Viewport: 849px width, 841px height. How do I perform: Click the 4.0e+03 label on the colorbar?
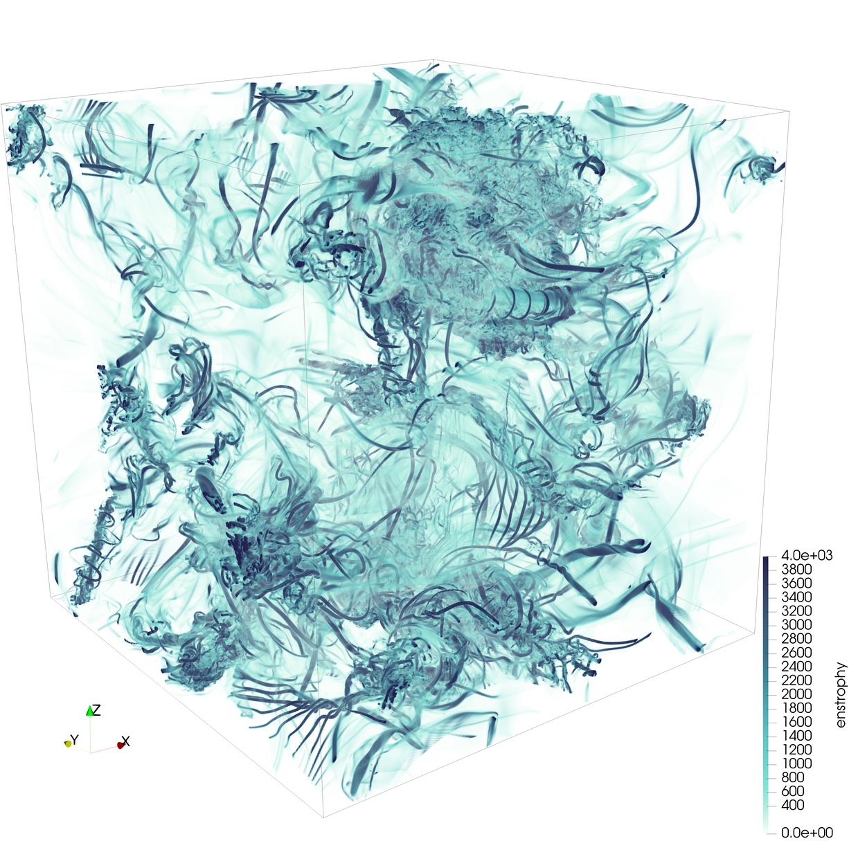tap(807, 555)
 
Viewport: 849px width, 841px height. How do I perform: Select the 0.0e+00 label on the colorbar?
tap(807, 833)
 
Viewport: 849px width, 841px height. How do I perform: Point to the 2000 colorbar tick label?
tap(796, 694)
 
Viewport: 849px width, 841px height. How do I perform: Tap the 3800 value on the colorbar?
tap(796, 570)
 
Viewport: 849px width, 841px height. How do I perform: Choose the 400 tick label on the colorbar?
tap(793, 805)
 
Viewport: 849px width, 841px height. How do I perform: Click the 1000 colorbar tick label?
tap(796, 763)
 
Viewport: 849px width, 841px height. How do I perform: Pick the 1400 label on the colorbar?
tap(796, 736)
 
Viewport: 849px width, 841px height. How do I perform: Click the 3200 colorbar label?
tap(796, 611)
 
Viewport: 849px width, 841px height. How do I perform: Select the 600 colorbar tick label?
tap(793, 791)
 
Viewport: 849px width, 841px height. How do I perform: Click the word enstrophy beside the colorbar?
tap(841, 694)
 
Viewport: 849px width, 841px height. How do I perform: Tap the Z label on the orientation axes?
tap(97, 710)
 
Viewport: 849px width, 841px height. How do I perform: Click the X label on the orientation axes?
tap(126, 741)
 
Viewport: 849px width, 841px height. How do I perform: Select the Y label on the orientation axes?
tap(75, 739)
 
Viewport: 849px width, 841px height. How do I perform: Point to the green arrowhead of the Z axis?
tap(89, 710)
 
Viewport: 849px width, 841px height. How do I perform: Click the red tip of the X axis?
tap(120, 745)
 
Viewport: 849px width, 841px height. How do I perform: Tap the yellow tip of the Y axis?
tap(68, 743)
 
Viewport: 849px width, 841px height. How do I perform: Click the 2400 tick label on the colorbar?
tap(796, 667)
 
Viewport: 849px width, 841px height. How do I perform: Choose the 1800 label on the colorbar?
tap(796, 708)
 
